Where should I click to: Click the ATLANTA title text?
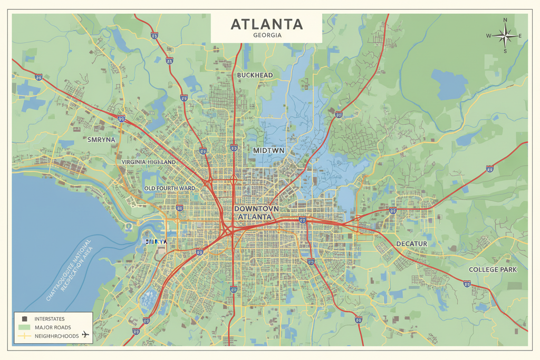pos(267,24)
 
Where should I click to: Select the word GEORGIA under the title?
pos(267,35)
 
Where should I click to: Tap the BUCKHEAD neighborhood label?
pos(255,75)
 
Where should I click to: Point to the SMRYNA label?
pos(101,141)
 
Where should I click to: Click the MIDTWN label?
pos(269,150)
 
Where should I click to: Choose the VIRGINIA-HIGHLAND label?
pos(148,162)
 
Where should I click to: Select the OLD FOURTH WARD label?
pos(169,188)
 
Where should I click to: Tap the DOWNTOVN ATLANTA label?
pos(255,212)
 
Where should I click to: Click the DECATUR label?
pos(411,244)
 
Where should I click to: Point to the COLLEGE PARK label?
pos(493,269)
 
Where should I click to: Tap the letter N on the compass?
pos(505,20)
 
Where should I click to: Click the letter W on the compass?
pos(488,36)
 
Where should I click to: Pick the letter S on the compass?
pos(505,51)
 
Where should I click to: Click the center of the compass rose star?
pos(505,36)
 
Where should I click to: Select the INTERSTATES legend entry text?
pos(50,318)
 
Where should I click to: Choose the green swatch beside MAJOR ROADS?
pos(24,327)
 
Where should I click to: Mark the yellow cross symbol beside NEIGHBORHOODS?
pos(24,336)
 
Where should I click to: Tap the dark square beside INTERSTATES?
pos(24,318)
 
